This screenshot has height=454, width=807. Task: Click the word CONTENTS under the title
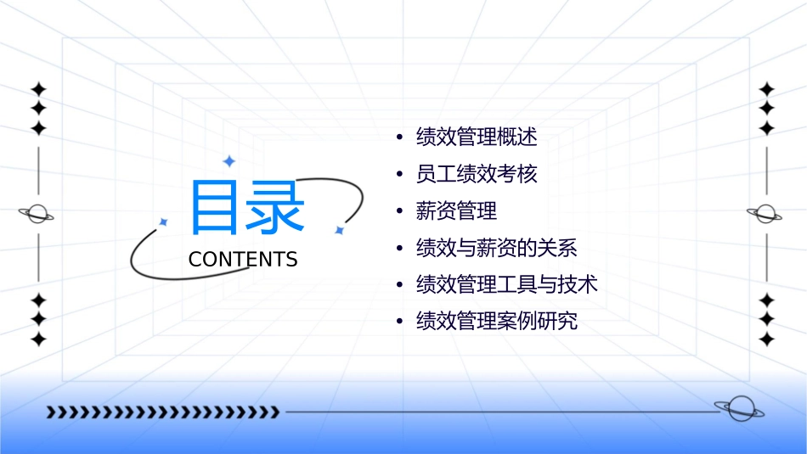(x=243, y=260)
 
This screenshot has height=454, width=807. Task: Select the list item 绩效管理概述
(x=476, y=137)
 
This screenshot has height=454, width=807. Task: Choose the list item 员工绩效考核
(x=476, y=174)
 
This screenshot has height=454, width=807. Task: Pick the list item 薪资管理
(x=456, y=210)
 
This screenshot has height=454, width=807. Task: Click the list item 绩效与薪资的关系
(x=496, y=248)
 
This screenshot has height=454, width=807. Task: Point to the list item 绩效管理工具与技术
(x=506, y=284)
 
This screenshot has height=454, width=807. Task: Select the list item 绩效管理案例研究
(x=496, y=322)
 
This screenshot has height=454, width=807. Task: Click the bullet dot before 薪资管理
(x=399, y=211)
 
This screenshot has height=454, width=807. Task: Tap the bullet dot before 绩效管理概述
(x=399, y=137)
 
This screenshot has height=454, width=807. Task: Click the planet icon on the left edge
(x=37, y=215)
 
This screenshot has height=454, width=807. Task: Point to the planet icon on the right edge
(x=766, y=215)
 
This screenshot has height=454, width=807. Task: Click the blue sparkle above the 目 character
(x=228, y=160)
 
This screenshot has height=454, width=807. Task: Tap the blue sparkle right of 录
(x=339, y=230)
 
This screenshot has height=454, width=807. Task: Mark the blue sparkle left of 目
(x=164, y=221)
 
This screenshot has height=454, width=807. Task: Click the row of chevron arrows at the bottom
(x=162, y=412)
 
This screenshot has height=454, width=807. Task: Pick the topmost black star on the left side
(x=37, y=89)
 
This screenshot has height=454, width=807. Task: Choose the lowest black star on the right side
(x=766, y=339)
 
